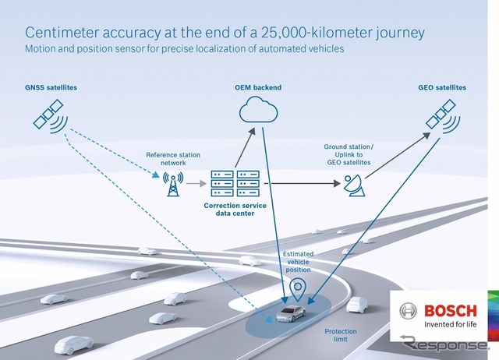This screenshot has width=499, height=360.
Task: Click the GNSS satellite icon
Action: [x=50, y=116]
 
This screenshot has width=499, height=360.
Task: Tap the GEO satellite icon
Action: [x=442, y=116]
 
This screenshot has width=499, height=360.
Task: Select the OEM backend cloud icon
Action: [x=258, y=109]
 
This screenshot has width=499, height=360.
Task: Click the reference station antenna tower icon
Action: [x=173, y=184]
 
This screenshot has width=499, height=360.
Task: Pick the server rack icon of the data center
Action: [x=235, y=183]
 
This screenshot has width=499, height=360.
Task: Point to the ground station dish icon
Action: [x=354, y=185]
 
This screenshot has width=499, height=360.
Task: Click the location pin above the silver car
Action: [x=298, y=290]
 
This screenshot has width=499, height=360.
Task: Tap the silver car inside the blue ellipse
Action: [x=291, y=313]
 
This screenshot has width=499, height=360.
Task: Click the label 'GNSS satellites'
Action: [x=51, y=87]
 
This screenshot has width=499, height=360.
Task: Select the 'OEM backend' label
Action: [x=258, y=87]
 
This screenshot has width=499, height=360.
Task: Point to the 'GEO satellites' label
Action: [x=442, y=87]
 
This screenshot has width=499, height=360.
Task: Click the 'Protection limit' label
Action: [x=341, y=335]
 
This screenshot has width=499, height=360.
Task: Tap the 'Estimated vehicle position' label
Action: [x=298, y=262]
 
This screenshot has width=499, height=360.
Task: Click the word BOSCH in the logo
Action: [x=451, y=311]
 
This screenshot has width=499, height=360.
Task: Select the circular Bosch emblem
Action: [x=408, y=311]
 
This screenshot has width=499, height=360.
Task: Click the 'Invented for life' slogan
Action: [x=451, y=324]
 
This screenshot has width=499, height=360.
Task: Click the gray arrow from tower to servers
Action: [x=196, y=183]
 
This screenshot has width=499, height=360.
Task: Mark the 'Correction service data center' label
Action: [x=235, y=210]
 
